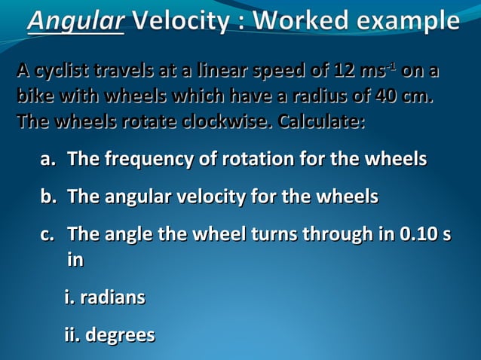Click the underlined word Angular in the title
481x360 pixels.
pyautogui.click(x=75, y=20)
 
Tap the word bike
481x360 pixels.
pyautogui.click(x=34, y=97)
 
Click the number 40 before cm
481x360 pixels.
pyautogui.click(x=380, y=97)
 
